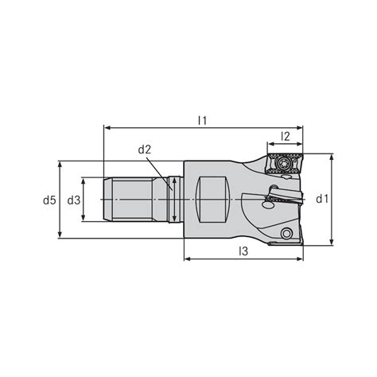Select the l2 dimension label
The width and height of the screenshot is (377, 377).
click(286, 137)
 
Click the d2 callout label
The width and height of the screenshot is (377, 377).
click(146, 150)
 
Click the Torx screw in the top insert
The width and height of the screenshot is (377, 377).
click(285, 161)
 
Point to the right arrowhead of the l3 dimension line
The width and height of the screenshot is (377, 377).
click(301, 258)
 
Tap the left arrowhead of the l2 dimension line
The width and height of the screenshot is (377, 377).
click(268, 144)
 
